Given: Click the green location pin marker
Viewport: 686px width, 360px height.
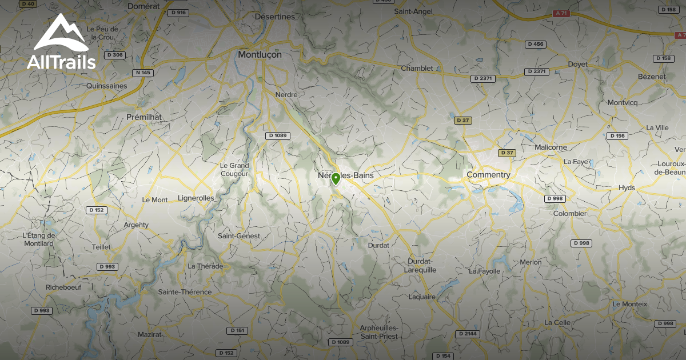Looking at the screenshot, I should click(x=336, y=179).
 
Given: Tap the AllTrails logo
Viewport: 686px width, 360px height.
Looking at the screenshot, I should click(x=61, y=42).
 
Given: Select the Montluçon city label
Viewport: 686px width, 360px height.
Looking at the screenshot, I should click(x=260, y=54).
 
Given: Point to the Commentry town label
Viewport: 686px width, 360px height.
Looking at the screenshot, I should click(x=488, y=174).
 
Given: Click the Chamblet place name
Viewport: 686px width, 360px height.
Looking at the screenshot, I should click(x=417, y=68).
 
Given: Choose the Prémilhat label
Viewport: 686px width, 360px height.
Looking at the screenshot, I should click(x=144, y=117).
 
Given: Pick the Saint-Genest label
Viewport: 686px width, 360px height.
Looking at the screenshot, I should click(x=239, y=235).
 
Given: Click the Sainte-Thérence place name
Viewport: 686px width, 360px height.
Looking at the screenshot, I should click(x=185, y=292).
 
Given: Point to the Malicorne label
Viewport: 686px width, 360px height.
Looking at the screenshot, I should click(x=551, y=147).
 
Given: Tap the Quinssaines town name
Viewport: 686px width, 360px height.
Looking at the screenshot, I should click(x=106, y=86).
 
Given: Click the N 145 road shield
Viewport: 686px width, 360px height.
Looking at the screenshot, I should click(x=142, y=73).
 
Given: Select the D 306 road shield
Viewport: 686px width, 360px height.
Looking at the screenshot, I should click(x=114, y=55).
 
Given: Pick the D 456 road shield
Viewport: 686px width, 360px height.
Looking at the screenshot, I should click(x=536, y=44).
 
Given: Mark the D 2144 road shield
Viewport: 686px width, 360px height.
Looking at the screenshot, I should click(x=468, y=334).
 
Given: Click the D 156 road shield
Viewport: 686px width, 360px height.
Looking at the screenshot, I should click(x=617, y=136).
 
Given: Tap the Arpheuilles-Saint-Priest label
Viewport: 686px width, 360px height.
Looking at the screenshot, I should click(x=379, y=331).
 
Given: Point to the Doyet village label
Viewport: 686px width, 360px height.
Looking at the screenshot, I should click(x=577, y=65).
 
